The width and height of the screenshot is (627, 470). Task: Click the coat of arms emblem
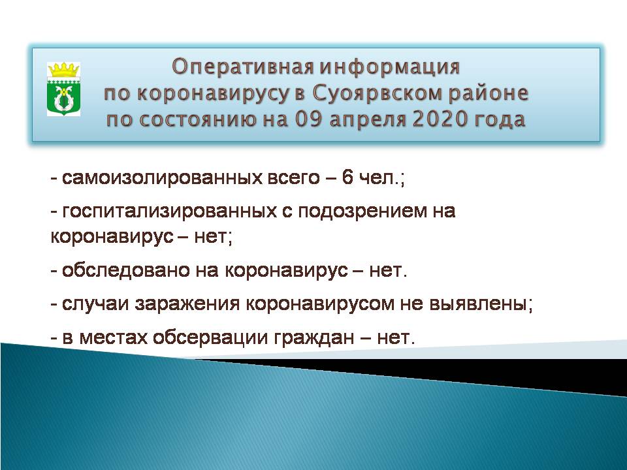(63, 89)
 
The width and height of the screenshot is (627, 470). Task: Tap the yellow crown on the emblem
(63, 70)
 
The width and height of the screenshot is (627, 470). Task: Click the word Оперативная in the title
(243, 67)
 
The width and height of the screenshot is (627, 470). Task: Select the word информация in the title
(390, 67)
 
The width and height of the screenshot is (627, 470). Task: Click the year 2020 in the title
(440, 119)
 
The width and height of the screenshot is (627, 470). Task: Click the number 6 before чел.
(347, 177)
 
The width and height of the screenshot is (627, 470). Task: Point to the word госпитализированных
(170, 211)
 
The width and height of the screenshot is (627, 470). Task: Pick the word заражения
(187, 305)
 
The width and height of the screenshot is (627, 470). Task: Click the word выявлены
(478, 304)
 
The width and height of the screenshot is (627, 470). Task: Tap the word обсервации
(210, 337)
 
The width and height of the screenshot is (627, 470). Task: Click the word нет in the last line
(393, 337)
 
